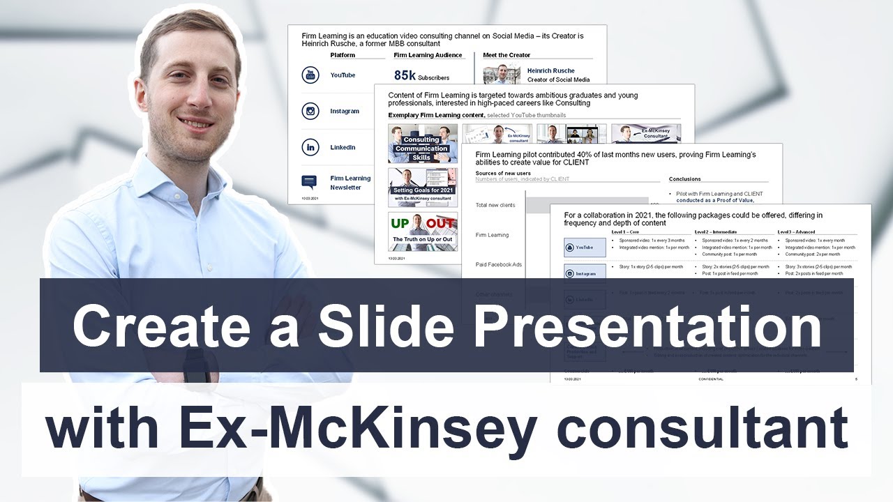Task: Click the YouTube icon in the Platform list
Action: click(310, 75)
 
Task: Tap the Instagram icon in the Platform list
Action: click(310, 111)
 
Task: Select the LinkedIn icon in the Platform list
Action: click(310, 147)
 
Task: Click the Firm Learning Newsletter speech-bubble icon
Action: click(309, 182)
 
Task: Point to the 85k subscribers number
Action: click(405, 75)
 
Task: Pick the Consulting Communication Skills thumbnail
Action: click(422, 144)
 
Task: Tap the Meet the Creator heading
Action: click(506, 55)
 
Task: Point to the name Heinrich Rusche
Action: click(551, 70)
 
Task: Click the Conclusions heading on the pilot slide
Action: click(685, 179)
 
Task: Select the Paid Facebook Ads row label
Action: click(498, 264)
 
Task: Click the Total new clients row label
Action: click(495, 205)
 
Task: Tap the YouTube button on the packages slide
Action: click(585, 248)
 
